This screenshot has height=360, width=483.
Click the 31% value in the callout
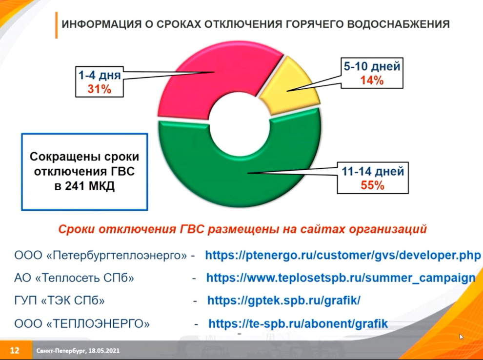(99, 89)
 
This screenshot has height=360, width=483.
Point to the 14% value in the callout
(372, 80)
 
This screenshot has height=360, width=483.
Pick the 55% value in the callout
(372, 185)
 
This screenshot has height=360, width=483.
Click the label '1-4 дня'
(100, 75)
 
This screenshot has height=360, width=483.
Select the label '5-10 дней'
(372, 66)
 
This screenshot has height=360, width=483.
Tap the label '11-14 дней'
(373, 171)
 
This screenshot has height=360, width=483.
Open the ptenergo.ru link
(343, 255)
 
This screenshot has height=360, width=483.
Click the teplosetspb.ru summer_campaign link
(341, 278)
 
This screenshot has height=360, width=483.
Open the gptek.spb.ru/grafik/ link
(283, 300)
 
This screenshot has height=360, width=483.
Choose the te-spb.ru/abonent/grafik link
(298, 324)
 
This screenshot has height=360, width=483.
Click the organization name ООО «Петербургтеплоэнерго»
(101, 256)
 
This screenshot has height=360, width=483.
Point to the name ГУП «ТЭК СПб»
(60, 300)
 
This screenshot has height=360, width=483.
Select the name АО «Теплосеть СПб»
(74, 278)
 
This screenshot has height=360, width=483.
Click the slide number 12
(15, 350)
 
